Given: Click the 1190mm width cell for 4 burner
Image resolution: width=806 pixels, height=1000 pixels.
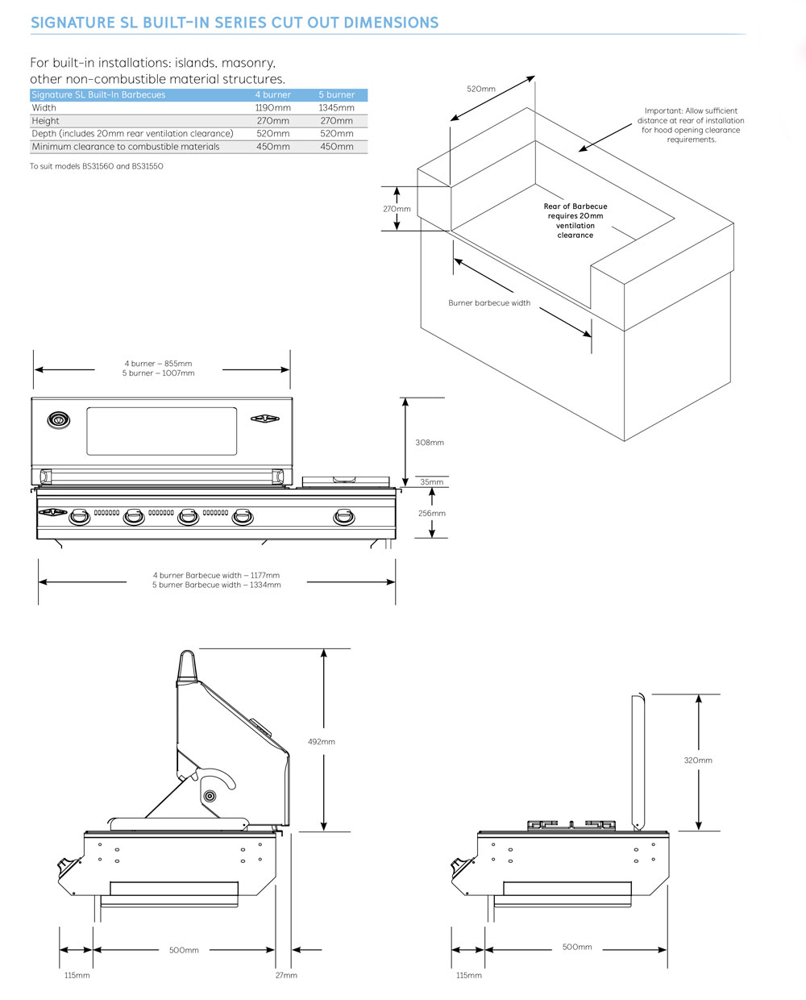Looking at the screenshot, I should (272, 107).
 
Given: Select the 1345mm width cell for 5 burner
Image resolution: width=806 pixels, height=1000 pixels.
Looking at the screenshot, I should (336, 107).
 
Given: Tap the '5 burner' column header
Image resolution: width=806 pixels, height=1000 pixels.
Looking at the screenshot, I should (336, 94).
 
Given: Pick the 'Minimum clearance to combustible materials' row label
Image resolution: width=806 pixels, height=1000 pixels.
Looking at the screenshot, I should (126, 147).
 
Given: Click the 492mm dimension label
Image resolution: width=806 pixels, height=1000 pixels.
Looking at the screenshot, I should (322, 741).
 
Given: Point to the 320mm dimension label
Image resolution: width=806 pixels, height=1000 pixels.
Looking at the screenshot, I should (698, 760).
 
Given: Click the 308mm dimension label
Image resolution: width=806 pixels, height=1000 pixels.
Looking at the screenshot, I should (430, 443).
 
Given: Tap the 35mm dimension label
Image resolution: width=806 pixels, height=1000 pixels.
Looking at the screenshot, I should (432, 482).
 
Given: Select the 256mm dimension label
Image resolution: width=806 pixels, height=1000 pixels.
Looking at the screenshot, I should (432, 513).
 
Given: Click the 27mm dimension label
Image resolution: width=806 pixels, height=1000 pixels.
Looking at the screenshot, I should (286, 975).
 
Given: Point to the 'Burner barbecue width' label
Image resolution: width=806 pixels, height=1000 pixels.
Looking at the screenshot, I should (489, 303).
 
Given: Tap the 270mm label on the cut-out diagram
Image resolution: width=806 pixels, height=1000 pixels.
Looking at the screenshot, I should (397, 209).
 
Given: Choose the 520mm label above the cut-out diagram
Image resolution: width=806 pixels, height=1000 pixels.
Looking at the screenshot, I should (481, 89).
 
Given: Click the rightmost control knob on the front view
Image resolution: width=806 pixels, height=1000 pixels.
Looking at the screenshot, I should (344, 517).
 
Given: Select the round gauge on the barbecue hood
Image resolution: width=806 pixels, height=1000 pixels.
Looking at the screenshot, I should (58, 419).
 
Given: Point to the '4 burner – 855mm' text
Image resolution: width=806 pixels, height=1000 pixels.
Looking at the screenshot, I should (158, 364).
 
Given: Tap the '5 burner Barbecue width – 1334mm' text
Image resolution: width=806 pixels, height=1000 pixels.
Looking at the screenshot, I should (216, 585).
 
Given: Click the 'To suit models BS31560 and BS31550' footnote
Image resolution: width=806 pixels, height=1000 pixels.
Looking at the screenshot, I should (97, 166).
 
